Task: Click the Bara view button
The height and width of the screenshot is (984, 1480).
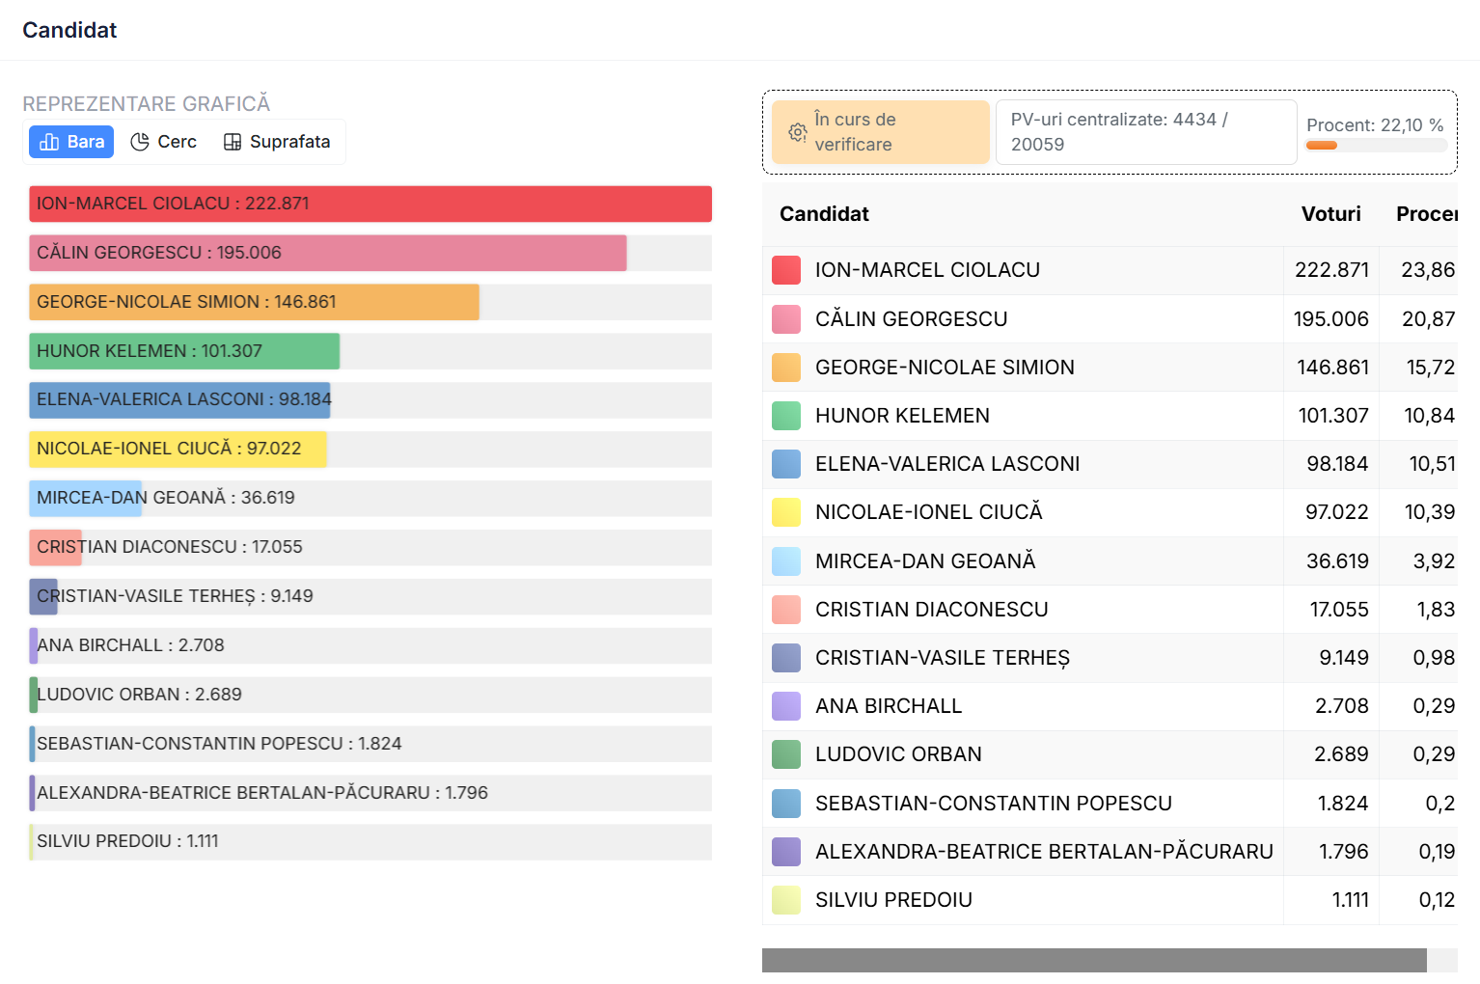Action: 71,142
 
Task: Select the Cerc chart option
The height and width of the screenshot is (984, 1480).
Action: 164,142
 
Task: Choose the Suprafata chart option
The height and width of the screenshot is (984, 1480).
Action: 277,142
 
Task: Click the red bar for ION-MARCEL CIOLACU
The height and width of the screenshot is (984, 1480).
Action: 370,204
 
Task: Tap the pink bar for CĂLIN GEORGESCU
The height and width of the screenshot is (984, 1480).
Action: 328,253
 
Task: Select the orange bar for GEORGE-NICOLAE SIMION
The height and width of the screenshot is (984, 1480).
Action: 254,302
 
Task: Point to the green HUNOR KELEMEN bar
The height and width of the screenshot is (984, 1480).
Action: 184,351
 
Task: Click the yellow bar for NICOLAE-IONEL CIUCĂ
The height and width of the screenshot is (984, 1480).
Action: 178,449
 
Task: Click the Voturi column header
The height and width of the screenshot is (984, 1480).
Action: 1330,214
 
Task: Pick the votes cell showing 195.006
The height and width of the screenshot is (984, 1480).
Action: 1330,319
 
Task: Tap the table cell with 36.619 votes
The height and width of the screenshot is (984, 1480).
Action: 1336,561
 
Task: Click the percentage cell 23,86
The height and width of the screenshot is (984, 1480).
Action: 1427,270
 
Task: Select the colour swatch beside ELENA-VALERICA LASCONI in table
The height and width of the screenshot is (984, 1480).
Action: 786,464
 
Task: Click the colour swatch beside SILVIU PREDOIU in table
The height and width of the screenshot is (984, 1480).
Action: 786,900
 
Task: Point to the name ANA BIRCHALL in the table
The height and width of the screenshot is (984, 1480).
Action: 889,706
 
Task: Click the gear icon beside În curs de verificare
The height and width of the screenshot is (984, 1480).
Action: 797,132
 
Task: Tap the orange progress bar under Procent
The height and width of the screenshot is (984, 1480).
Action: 1322,146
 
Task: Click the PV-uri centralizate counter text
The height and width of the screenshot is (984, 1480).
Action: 1119,132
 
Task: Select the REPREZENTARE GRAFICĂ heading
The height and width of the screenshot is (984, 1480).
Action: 147,103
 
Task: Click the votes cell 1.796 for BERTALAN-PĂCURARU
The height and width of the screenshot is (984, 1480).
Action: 1343,852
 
